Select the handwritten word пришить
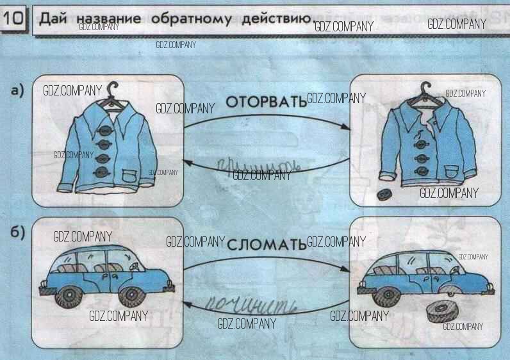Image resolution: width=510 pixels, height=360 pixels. (253, 168)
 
